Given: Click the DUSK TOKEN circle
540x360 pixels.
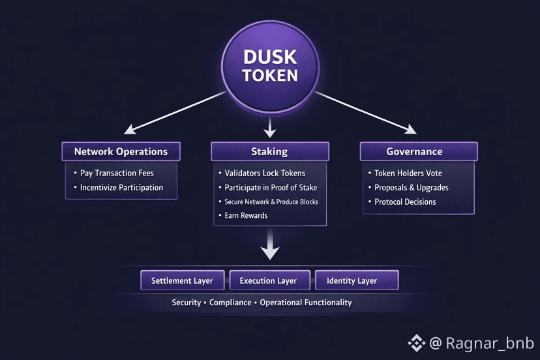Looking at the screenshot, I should coord(269,66).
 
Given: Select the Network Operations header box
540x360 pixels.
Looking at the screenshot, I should coord(121,151).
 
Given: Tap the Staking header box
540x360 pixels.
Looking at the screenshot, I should coord(269,151).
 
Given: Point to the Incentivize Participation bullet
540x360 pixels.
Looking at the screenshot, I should coord(121,188).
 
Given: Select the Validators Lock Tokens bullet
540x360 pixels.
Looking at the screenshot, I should coord(265,173).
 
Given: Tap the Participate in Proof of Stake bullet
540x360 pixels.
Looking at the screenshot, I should coord(271,188).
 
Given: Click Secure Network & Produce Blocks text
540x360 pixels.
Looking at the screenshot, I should coord(271,202).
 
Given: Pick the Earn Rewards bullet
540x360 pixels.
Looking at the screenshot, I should coord(246,216).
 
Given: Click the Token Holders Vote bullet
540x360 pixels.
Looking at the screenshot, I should coord(408,173).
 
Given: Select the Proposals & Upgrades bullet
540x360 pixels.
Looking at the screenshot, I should coord(412,188).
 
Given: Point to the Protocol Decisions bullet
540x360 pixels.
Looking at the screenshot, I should coord(405,202).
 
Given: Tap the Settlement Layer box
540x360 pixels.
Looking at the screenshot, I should coord(182,280).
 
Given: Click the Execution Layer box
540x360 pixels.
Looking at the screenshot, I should coord(268,280).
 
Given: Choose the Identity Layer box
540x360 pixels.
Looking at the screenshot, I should coord(356,280).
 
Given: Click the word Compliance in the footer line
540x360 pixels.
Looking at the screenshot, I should coord(230,303).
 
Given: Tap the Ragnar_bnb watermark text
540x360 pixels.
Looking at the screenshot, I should coord(490,342).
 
